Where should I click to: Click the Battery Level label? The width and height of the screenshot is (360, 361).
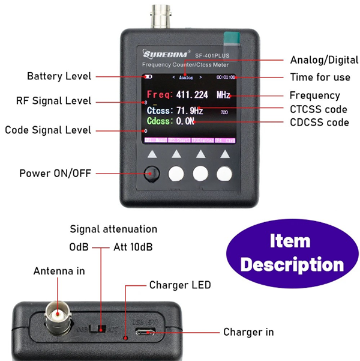coord(59,76)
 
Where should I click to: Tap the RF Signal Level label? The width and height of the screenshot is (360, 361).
coord(54,100)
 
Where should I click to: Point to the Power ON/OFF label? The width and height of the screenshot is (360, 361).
coord(55,173)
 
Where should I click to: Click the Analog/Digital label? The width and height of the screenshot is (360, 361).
coord(324,60)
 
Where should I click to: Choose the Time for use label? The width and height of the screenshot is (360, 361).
coord(319,77)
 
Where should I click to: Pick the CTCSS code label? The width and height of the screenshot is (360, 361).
coord(319,109)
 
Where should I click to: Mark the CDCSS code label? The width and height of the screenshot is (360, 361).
coord(319,122)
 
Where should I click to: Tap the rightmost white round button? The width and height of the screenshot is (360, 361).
coord(224,174)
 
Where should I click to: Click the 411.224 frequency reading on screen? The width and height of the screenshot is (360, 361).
coord(192,95)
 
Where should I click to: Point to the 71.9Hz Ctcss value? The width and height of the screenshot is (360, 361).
coord(190,111)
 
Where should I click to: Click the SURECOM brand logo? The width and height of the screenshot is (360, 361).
coord(163,53)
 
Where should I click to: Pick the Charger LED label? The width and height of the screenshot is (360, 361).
coord(180,285)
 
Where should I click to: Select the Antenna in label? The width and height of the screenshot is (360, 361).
coord(59,271)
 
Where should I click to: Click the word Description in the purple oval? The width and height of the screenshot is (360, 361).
coord(292,264)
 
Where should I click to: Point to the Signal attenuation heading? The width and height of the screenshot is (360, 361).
coord(113,229)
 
